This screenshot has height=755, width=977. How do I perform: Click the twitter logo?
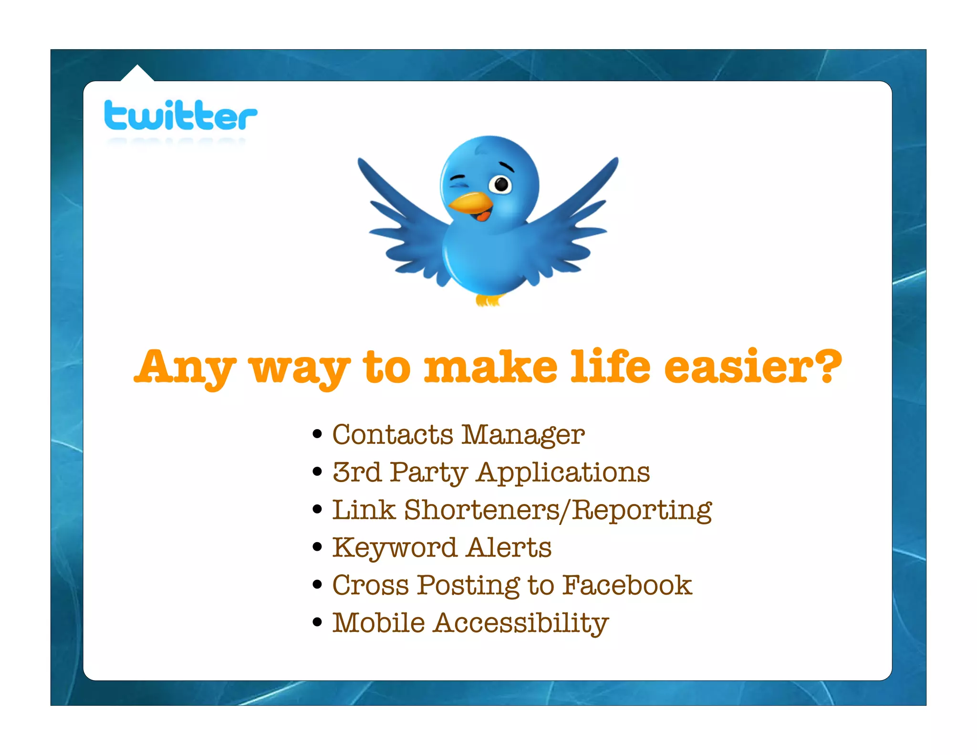click(x=180, y=115)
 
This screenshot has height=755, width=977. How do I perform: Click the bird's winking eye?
click(x=458, y=181)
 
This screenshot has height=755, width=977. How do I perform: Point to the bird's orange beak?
click(x=470, y=203)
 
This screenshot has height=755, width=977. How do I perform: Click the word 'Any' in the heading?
click(x=185, y=367)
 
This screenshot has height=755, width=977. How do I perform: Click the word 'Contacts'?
click(x=393, y=435)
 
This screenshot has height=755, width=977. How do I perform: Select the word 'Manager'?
click(x=523, y=436)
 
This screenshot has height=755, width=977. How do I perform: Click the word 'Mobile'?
click(x=378, y=623)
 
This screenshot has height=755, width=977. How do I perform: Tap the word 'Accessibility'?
click(x=521, y=624)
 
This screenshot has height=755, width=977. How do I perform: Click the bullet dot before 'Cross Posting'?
click(x=317, y=585)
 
